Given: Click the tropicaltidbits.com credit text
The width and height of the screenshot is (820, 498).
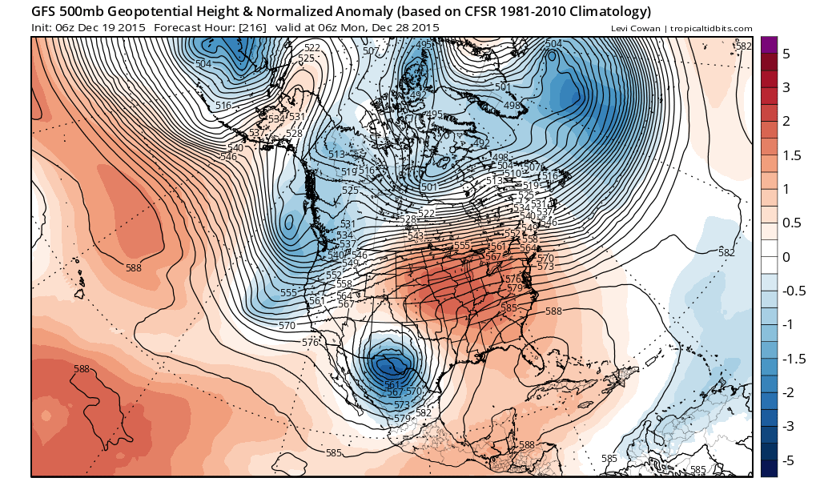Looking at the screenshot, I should pos(710,29).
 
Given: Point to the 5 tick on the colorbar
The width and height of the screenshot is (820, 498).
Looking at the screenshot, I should pos(786,54).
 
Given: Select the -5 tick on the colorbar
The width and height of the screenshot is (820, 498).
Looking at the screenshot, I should pos(786,460).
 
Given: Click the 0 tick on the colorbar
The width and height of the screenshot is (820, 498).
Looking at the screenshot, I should pos(786,257).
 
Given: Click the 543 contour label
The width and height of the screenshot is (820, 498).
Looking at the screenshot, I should pos(415,236).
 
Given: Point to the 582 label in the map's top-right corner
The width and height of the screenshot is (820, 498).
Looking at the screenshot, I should pos(743,46).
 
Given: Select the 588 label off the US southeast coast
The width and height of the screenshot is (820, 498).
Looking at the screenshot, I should pos(553,311).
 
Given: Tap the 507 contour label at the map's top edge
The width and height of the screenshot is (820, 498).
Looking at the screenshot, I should pos(371,51).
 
